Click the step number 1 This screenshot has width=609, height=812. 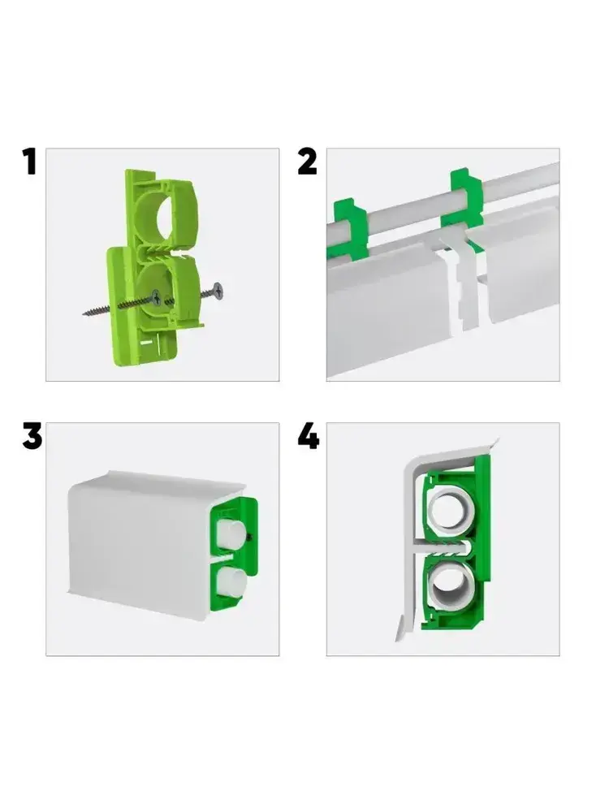pos(29,161)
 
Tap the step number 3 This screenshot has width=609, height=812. pos(32,436)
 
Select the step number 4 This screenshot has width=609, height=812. pos(309,436)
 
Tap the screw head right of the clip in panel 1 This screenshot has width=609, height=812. pos(218,291)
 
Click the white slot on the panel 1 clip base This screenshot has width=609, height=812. pos(146,343)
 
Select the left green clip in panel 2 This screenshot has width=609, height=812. pos(347,229)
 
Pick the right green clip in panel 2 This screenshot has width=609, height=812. pos(463,200)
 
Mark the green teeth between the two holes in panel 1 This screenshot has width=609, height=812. pos(155,251)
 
